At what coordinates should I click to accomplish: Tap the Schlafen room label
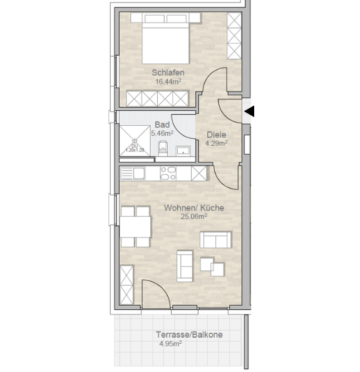coord(168,72)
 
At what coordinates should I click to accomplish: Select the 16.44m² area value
coord(168,81)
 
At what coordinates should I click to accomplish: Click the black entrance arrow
coord(249,111)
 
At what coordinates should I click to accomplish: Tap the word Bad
coord(162,125)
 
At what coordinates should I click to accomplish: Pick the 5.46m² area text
coord(162,133)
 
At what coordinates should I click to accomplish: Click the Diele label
coord(217,135)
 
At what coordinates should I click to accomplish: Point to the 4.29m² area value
coord(217,143)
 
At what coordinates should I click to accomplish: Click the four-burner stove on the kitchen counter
coord(169,173)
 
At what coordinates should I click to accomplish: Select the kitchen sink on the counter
coord(132,173)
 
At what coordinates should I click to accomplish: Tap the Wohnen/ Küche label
coord(193,208)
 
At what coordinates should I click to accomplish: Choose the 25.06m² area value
coord(193,217)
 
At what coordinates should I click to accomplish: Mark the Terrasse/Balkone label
coord(190,334)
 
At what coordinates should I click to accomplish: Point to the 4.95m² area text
coord(170,344)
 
